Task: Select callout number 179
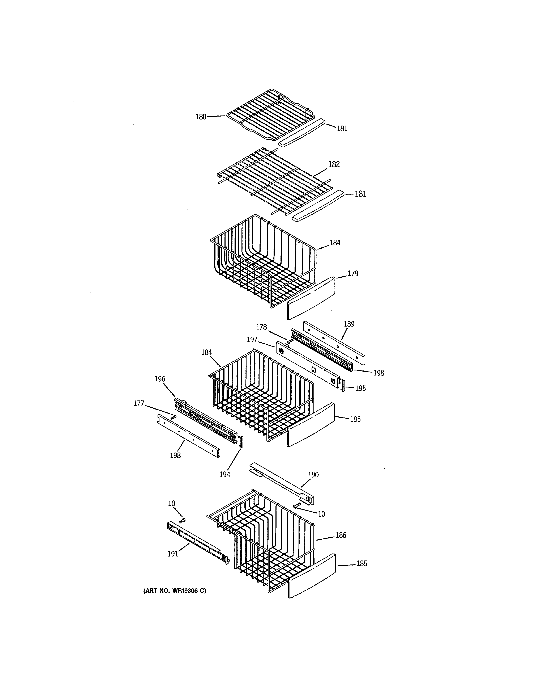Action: [353, 273]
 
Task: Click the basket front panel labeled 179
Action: [311, 298]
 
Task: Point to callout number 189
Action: [349, 324]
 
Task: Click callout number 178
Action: [261, 327]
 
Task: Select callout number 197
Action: [252, 340]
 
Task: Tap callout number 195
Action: [360, 388]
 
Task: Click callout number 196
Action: [160, 379]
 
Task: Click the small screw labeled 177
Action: [173, 417]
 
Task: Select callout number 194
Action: [225, 474]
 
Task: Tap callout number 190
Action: [313, 475]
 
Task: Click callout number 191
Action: [173, 554]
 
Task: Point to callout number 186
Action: [341, 535]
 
